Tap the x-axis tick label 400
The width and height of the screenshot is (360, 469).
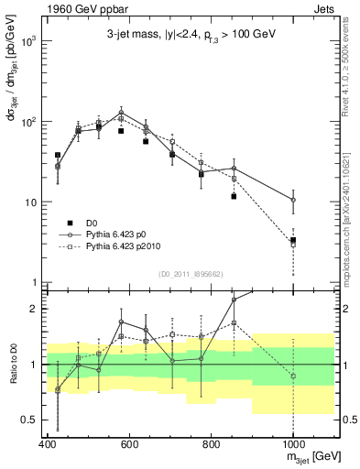point(48,444)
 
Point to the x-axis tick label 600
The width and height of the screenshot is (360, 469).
point(129,444)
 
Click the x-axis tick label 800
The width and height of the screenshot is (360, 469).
point(211,444)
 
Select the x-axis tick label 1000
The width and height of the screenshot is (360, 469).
point(292,444)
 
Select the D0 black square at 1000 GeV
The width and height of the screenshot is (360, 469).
point(293,240)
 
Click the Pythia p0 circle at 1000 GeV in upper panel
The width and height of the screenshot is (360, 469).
point(293,200)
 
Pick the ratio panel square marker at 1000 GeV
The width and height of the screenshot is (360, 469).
point(293,376)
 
